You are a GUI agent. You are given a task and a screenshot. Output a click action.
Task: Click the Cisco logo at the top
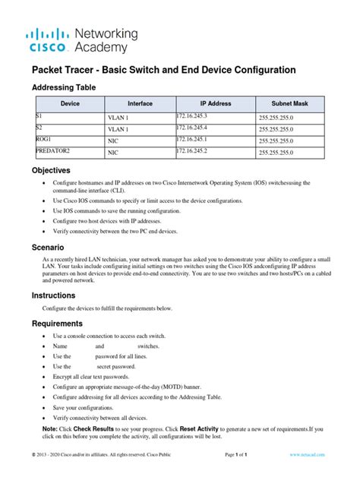(49, 40)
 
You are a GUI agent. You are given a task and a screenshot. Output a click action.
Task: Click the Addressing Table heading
(64, 87)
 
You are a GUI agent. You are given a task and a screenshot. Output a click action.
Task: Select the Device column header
(70, 103)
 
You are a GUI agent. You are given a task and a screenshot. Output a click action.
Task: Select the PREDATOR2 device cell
(53, 151)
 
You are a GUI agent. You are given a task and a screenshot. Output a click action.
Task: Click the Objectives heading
(51, 170)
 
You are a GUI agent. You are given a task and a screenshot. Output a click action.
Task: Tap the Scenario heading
(48, 248)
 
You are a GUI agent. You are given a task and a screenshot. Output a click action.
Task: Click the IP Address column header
(214, 103)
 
